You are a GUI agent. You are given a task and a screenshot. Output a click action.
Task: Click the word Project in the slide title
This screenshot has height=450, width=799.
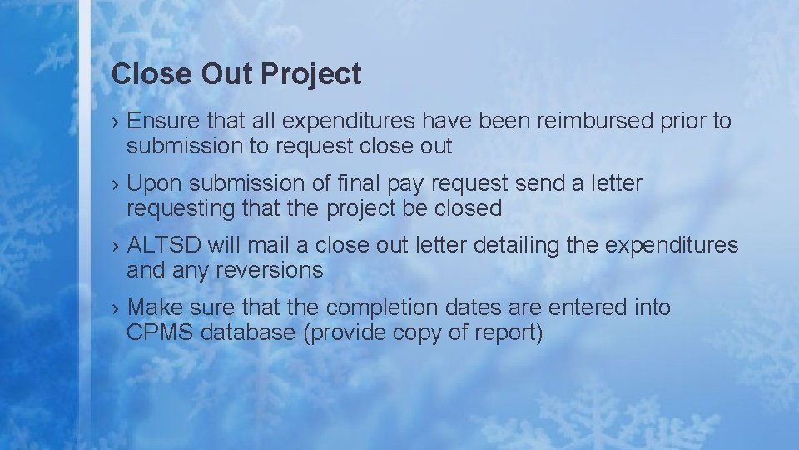point(310,75)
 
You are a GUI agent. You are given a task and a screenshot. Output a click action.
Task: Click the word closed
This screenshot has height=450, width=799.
point(469,208)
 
